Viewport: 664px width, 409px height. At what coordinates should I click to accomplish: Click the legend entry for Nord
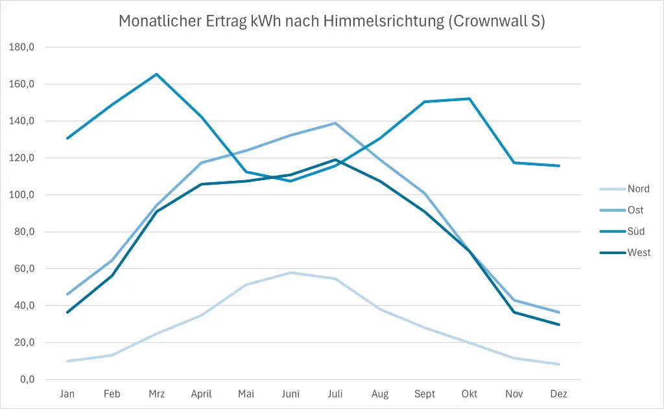click(638, 189)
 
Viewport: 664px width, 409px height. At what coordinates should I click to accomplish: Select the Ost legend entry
click(635, 210)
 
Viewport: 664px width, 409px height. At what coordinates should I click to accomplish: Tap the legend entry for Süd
click(636, 231)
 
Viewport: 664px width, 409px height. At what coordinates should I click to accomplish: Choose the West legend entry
click(639, 253)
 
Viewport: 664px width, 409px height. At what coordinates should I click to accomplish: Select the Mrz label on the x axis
click(156, 394)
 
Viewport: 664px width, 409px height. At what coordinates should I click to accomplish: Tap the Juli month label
click(335, 394)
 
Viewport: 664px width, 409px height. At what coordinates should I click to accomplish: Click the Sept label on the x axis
click(425, 394)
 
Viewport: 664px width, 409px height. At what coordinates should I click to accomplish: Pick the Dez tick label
click(558, 394)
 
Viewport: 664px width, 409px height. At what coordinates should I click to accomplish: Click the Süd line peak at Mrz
click(156, 74)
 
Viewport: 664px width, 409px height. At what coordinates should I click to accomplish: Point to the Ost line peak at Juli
click(335, 123)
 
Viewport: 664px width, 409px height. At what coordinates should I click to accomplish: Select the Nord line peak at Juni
click(290, 272)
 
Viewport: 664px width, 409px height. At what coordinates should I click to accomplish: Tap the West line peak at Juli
click(335, 159)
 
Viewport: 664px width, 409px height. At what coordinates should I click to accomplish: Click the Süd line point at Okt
click(469, 99)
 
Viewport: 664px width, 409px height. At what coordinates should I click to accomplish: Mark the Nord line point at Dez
click(558, 364)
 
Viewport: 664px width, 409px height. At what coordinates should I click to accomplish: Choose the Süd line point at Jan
click(67, 138)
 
